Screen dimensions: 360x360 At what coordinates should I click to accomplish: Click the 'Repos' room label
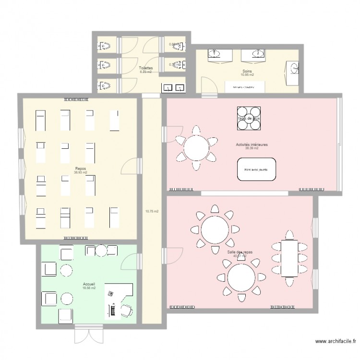coord(81,169)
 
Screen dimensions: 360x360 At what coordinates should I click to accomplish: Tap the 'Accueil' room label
coord(89,284)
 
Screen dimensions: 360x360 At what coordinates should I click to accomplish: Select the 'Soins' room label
coord(247,72)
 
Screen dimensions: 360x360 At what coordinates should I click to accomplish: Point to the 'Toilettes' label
coord(146,68)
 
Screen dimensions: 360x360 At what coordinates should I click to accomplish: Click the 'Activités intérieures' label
coord(252,144)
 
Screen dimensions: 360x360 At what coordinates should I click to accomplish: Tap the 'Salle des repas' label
coord(239,252)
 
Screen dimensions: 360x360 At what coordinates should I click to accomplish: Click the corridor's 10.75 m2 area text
coord(152,211)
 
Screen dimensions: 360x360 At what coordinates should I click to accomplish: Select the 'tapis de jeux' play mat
coord(249,118)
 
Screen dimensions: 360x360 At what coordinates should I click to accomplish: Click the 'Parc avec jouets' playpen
coord(256,169)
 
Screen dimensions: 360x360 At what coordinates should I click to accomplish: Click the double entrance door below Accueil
coord(88,335)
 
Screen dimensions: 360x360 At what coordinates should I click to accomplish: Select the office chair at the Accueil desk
coord(127,310)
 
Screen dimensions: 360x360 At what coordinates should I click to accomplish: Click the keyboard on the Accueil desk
coord(113,311)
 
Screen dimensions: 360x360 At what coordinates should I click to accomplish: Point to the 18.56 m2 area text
coord(89,288)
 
